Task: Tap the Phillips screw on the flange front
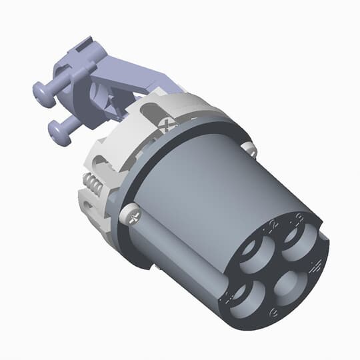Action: click(132, 215)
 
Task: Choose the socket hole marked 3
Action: click(297, 237)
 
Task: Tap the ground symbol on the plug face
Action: click(317, 266)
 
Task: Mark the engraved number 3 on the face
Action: click(301, 216)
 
